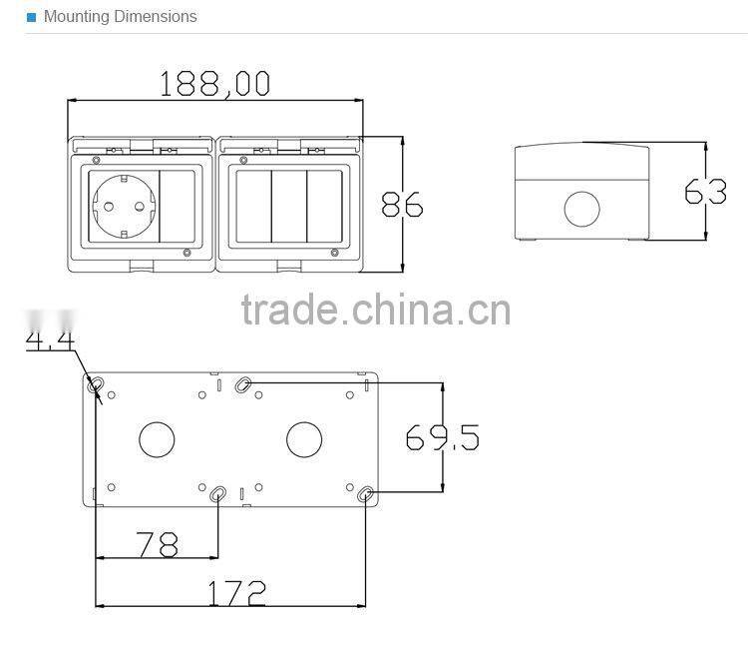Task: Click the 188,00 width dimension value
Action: coord(214,83)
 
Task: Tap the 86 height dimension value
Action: coord(403,205)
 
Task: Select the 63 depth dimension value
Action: coord(705,190)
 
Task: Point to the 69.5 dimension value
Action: coord(442,437)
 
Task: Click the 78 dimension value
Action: coord(157,544)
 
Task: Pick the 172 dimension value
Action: coord(236,593)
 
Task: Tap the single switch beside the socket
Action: coord(179,207)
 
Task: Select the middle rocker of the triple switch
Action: coord(287,207)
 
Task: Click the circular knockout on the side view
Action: coord(581,209)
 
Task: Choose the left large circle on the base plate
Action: coord(157,439)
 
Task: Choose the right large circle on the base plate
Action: coord(304,439)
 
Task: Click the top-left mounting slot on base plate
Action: coord(96,385)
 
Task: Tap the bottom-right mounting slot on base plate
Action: coord(366,493)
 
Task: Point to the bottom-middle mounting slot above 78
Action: coord(218,493)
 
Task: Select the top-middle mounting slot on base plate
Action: coord(243,385)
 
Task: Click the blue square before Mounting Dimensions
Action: coord(31,17)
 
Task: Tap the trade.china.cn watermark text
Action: coord(376,310)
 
